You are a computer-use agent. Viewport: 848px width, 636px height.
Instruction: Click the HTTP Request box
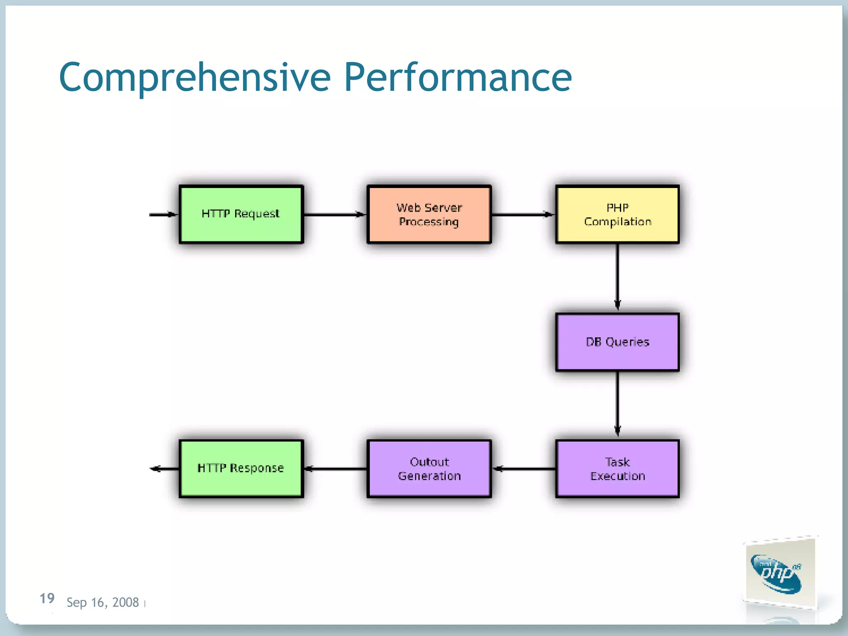click(x=241, y=214)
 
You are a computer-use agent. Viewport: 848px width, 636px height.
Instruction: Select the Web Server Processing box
click(x=429, y=214)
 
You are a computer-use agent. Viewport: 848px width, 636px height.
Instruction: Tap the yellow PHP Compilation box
click(x=617, y=214)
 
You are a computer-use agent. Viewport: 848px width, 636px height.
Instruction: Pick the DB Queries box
click(x=617, y=342)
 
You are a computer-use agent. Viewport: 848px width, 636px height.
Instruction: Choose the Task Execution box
click(x=617, y=469)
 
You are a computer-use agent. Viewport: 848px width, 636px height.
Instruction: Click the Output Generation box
click(x=429, y=469)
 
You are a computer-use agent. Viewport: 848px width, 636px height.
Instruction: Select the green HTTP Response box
click(x=241, y=469)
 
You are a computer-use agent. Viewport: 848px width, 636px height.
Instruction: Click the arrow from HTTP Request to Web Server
click(x=335, y=214)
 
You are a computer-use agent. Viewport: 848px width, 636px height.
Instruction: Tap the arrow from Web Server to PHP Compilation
click(x=523, y=214)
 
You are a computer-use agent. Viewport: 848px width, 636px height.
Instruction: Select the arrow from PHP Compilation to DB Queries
click(x=617, y=277)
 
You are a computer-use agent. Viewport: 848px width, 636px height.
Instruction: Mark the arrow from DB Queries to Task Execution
click(x=617, y=404)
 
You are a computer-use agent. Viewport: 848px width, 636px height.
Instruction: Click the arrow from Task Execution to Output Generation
click(x=524, y=469)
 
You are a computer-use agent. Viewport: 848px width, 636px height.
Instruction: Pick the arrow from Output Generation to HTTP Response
click(x=335, y=469)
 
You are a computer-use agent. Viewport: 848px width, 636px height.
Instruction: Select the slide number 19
click(x=47, y=598)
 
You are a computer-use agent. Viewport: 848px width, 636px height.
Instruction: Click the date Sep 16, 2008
click(x=103, y=602)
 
